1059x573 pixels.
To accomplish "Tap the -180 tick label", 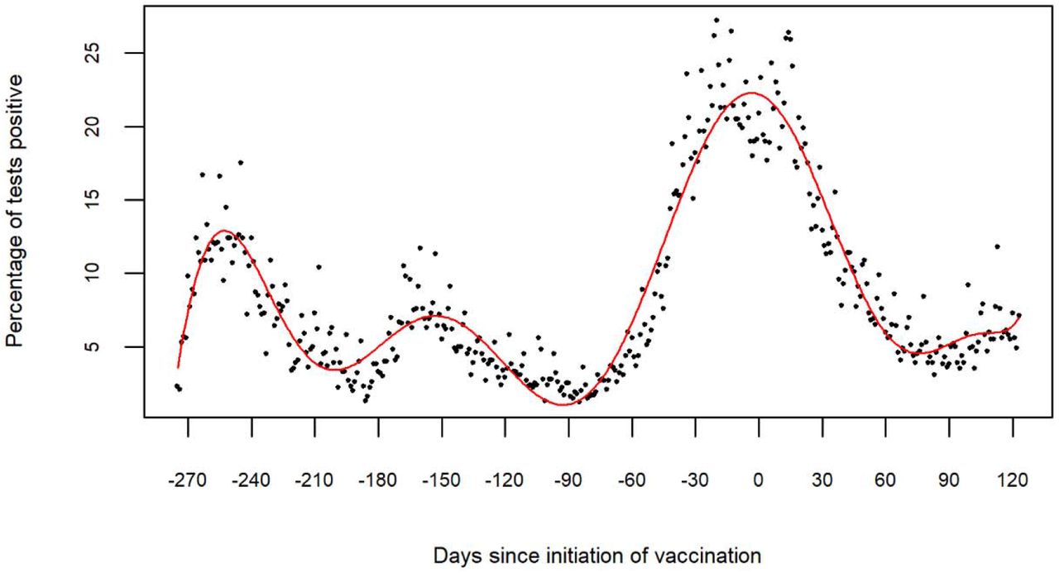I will (x=378, y=480).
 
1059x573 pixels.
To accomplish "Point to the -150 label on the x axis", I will (x=441, y=480).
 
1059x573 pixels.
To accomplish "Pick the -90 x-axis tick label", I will (x=568, y=480).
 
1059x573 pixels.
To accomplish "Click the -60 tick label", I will (x=631, y=480).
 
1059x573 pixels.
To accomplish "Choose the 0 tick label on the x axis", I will (x=758, y=480).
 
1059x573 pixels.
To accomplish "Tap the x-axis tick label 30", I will (x=822, y=480).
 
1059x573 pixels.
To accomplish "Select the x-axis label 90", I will (x=948, y=480).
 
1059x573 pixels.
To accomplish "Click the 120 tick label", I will (x=1012, y=480).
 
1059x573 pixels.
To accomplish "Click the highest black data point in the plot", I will (x=716, y=20).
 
